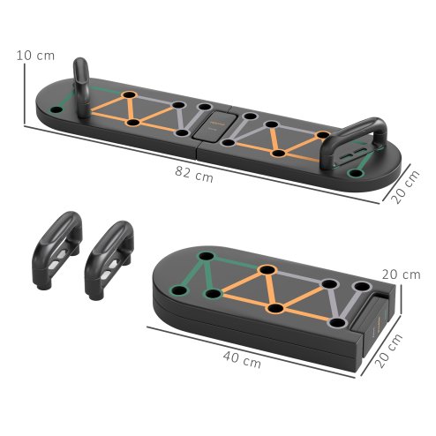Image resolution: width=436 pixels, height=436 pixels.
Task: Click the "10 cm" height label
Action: (35, 56)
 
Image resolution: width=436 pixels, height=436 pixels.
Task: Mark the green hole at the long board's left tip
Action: (57, 110)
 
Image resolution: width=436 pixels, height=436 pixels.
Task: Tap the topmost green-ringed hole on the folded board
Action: (208, 257)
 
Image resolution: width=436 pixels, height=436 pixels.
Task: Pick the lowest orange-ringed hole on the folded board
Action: (276, 309)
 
